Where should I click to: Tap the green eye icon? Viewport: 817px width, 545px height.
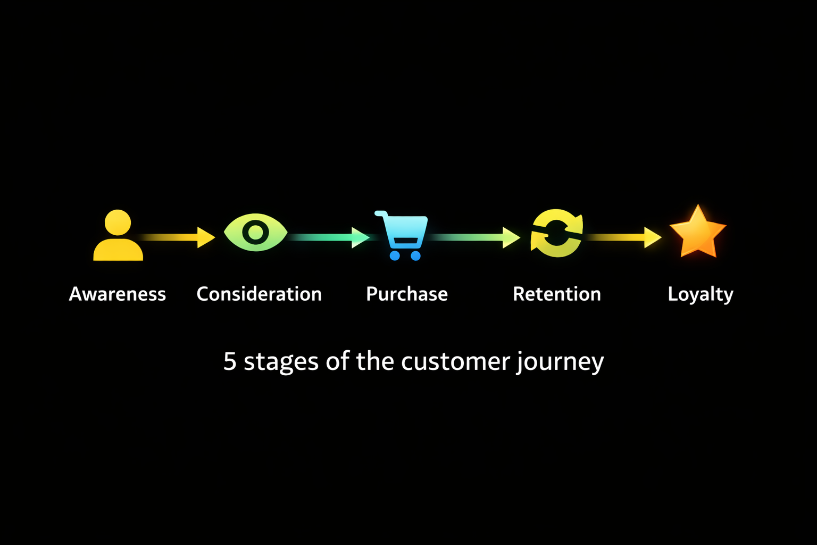coord(256,233)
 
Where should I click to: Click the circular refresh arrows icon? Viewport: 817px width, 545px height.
coord(557,233)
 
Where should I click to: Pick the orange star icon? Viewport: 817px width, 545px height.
coord(697,233)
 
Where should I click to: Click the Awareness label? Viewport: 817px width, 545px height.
coord(118,294)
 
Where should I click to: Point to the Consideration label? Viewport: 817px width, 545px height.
coord(259,294)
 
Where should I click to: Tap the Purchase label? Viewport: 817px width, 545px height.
coord(407,294)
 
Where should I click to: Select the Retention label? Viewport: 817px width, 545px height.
coord(557,294)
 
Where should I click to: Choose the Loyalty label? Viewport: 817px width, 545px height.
coord(701,294)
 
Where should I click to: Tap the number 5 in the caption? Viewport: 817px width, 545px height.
coord(230,361)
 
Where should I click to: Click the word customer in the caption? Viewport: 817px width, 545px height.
coord(455,361)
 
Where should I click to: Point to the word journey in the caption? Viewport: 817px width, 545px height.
coord(560,362)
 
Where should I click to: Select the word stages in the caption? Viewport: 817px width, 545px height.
coord(281,362)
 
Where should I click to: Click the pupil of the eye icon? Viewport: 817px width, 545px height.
coord(256,233)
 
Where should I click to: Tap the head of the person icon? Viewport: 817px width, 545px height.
coord(118,222)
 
